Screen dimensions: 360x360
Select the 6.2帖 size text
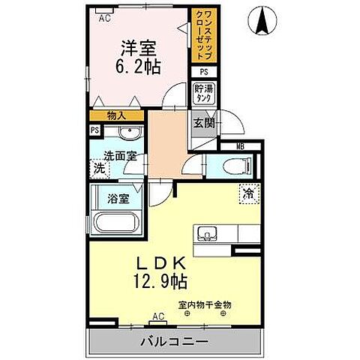[x=136, y=65]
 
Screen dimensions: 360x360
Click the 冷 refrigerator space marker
[x=247, y=192]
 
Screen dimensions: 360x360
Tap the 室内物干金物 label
[x=204, y=304]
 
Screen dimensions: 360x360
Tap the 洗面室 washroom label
[x=120, y=157]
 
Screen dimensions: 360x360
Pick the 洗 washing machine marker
[x=98, y=169]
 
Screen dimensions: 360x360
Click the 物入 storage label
[x=116, y=115]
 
